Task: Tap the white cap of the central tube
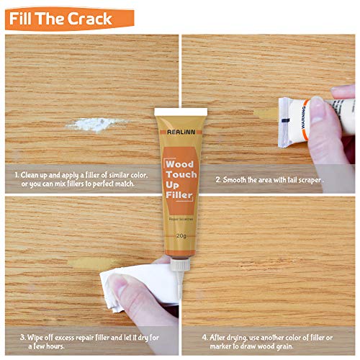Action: (x=180, y=112)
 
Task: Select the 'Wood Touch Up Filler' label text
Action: (x=180, y=178)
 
